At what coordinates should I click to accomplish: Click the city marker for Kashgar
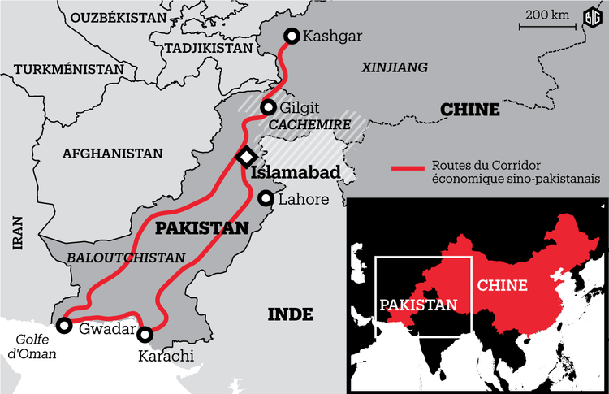pos(292,36)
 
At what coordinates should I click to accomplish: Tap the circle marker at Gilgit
pos(268,108)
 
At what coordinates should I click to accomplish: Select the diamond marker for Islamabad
pos(246,157)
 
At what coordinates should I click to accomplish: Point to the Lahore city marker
pos(266,198)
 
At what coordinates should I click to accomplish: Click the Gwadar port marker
pos(63,325)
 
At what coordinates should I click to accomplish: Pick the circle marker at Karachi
pos(145,334)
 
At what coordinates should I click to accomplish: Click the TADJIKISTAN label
pos(209,48)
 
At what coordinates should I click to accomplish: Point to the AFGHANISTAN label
pos(113,153)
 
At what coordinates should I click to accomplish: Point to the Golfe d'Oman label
pos(28,347)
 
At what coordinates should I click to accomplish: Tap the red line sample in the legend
pos(408,169)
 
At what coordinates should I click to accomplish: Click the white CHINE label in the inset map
pos(502,285)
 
